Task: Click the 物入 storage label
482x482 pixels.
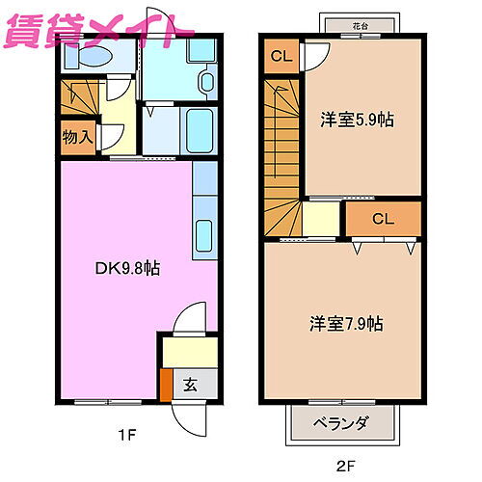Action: tap(77, 137)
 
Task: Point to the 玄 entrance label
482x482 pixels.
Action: tap(189, 385)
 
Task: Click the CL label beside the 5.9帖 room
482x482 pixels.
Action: tap(281, 55)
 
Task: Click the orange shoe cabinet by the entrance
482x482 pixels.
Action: tap(165, 385)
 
